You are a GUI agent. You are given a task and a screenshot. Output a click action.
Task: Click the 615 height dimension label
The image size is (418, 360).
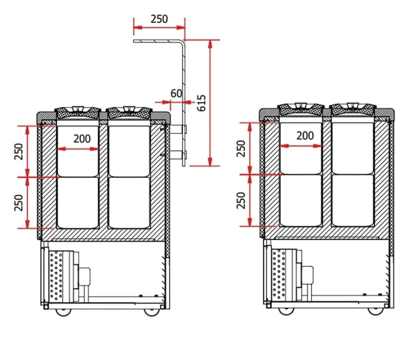click(202, 103)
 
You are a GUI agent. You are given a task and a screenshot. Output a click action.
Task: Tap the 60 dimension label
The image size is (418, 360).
click(176, 94)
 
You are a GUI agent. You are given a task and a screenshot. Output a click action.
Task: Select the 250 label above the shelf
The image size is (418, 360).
click(159, 19)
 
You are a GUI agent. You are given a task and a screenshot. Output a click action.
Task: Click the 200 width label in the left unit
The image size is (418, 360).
click(82, 139)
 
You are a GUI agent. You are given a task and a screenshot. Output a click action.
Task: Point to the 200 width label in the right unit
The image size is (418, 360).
click(305, 136)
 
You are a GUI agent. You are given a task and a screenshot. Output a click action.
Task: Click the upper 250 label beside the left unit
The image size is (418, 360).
click(19, 152)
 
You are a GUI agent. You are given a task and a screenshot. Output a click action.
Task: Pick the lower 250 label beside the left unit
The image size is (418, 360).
click(19, 203)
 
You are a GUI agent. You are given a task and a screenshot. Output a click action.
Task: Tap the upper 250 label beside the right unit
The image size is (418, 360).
click(241, 148)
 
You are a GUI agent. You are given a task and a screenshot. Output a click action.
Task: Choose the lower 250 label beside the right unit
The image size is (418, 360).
click(241, 201)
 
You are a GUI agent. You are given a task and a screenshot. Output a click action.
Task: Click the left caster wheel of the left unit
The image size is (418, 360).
click(63, 312)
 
